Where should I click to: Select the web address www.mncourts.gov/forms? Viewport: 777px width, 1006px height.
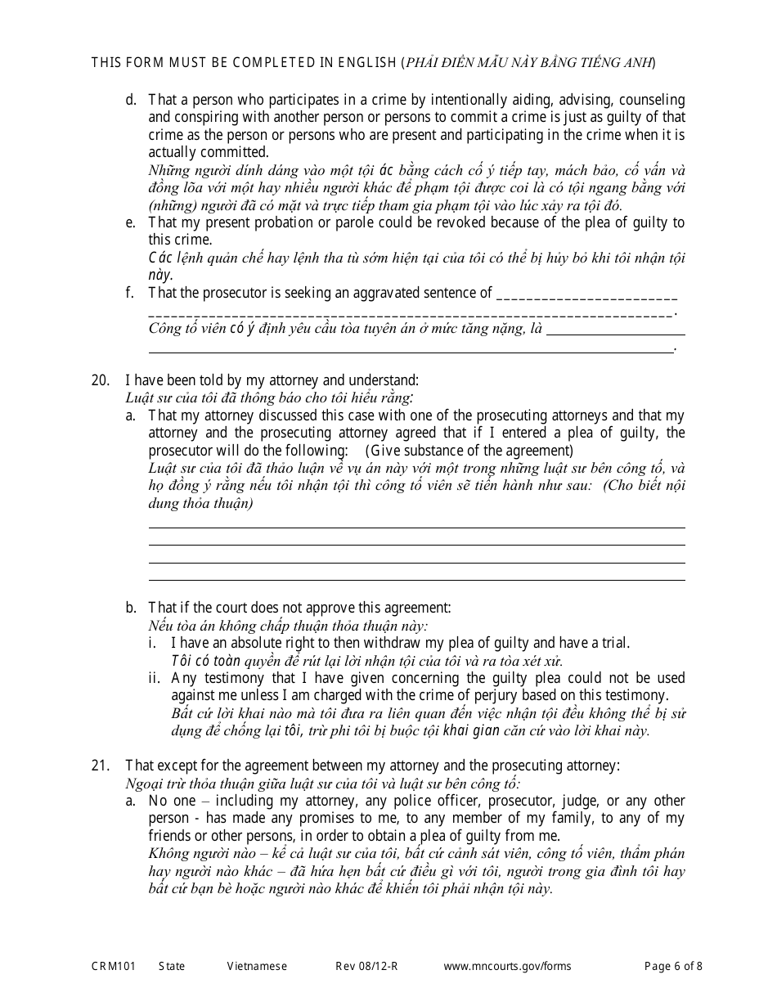[x=507, y=966]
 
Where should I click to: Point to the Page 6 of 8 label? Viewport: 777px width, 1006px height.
[x=673, y=966]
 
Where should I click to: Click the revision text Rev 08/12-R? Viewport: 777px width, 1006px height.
[x=366, y=966]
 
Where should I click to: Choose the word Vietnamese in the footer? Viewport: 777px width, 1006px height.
[x=257, y=966]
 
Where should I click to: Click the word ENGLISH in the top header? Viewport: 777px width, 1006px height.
[x=366, y=62]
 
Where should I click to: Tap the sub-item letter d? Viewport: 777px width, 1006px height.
[x=131, y=100]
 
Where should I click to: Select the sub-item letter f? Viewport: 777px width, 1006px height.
[x=130, y=293]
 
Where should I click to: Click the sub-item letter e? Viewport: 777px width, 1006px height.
[x=131, y=222]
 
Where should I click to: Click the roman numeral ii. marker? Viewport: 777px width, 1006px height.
[x=154, y=678]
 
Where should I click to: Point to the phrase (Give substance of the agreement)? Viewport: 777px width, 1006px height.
[x=469, y=451]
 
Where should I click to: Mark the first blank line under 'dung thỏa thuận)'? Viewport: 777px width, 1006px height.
[x=416, y=528]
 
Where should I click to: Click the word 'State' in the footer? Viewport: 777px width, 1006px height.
[x=172, y=966]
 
